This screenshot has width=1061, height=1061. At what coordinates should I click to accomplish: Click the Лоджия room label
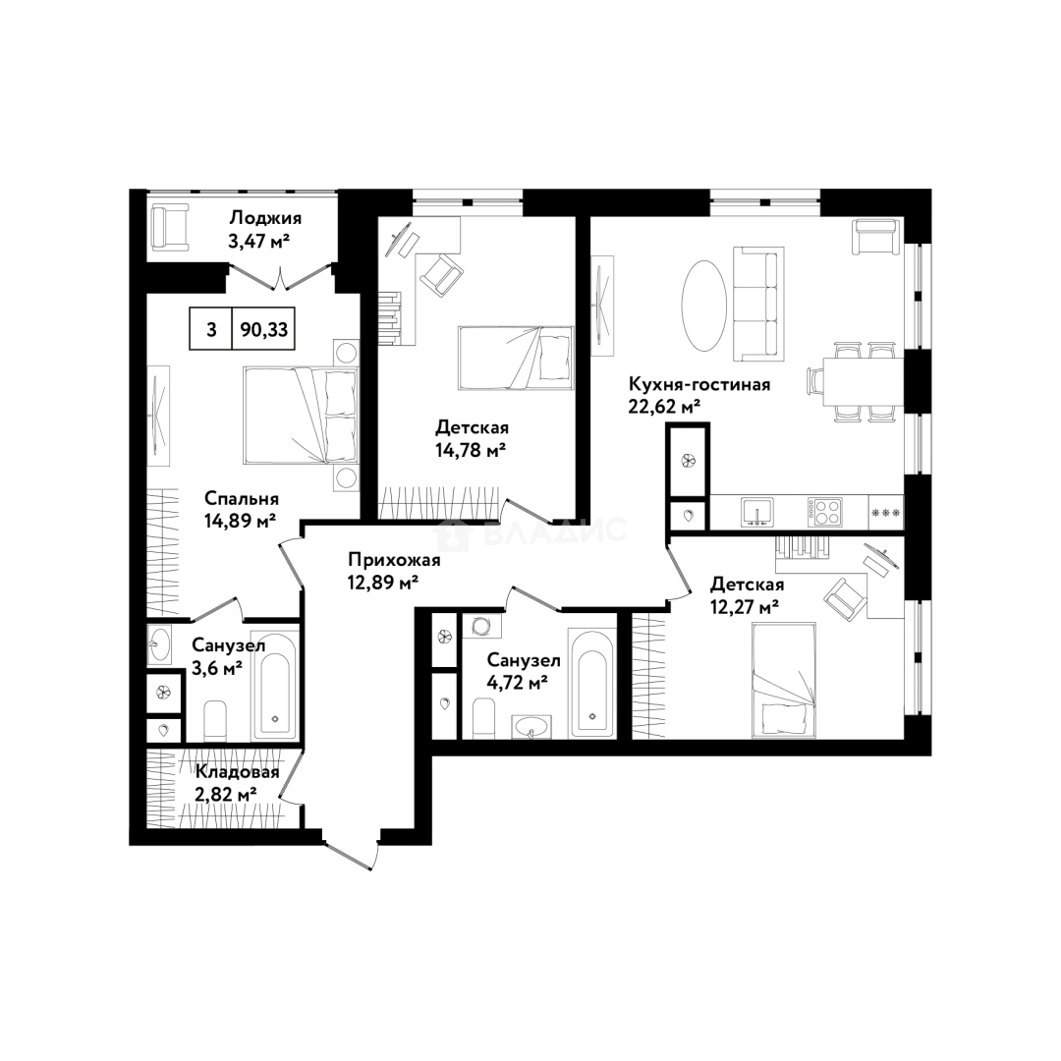click(x=264, y=218)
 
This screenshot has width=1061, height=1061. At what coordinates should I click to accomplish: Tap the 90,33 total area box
click(x=263, y=329)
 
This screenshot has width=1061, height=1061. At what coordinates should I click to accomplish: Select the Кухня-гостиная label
click(x=699, y=384)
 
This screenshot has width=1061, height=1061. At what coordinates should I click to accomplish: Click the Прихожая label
click(x=394, y=560)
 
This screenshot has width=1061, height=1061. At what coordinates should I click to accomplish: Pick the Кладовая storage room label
click(x=238, y=772)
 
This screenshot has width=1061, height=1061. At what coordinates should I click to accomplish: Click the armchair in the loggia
click(x=170, y=228)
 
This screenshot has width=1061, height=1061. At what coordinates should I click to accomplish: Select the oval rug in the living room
click(x=704, y=307)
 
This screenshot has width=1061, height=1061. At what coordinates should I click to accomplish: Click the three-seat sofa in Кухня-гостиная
click(x=758, y=305)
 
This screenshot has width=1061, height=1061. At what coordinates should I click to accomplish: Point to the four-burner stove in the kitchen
click(x=824, y=512)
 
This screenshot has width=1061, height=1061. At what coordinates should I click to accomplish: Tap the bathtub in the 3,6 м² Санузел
click(x=275, y=685)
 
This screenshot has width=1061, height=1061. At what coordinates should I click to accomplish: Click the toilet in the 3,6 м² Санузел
click(x=215, y=720)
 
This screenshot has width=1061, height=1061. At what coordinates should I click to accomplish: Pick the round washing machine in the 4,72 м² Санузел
click(x=481, y=626)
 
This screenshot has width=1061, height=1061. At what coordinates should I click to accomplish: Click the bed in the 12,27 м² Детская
click(x=784, y=681)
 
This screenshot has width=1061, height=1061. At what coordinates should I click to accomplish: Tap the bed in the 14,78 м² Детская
click(x=516, y=358)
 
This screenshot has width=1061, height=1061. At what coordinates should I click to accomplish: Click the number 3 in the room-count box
click(x=211, y=329)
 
